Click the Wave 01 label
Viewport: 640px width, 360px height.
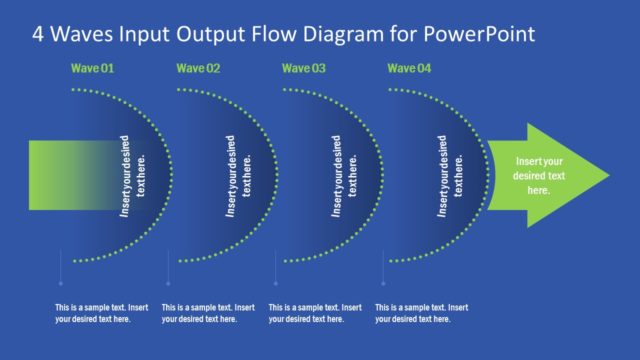coord(92,69)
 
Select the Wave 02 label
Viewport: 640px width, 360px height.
coord(198,69)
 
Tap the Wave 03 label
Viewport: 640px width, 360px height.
coord(304,69)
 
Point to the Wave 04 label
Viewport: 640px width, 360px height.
coord(410,69)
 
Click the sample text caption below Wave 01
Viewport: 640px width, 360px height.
coord(102,313)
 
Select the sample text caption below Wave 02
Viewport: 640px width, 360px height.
coord(208,313)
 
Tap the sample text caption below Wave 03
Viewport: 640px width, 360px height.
coord(315,313)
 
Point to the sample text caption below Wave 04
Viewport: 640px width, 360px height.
coord(421,313)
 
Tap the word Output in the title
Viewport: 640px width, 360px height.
coord(214,33)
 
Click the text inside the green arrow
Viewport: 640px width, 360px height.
coord(538,175)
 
